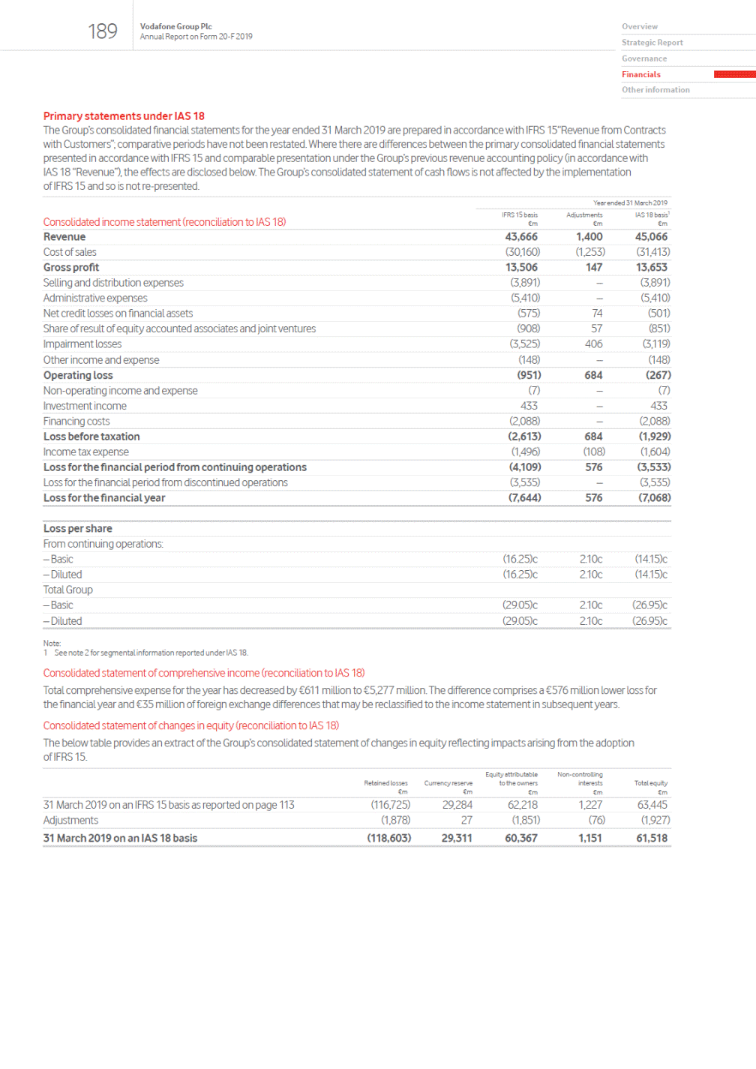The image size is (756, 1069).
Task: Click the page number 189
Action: (103, 32)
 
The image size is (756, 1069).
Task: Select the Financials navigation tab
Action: (641, 74)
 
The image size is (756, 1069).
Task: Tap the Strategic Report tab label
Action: (652, 43)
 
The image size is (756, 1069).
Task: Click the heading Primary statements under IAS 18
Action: (124, 116)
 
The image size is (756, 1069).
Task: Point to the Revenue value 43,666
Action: (521, 237)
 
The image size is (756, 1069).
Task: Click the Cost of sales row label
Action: (70, 252)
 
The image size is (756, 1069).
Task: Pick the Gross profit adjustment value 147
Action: (594, 268)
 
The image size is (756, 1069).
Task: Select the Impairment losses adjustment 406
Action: (594, 344)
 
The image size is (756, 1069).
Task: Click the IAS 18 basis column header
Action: (652, 215)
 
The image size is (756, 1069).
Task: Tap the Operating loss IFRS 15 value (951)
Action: (529, 375)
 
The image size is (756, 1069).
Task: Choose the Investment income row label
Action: (85, 406)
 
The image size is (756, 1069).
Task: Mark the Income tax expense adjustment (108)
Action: (594, 452)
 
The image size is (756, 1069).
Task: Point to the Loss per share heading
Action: (78, 529)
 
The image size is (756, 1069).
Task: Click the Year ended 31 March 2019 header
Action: (630, 203)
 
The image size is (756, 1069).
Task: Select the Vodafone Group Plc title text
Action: (175, 26)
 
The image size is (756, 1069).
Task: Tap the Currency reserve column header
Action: (448, 783)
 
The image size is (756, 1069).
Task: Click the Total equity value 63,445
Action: (652, 805)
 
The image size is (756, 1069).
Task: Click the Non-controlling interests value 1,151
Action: (589, 838)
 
